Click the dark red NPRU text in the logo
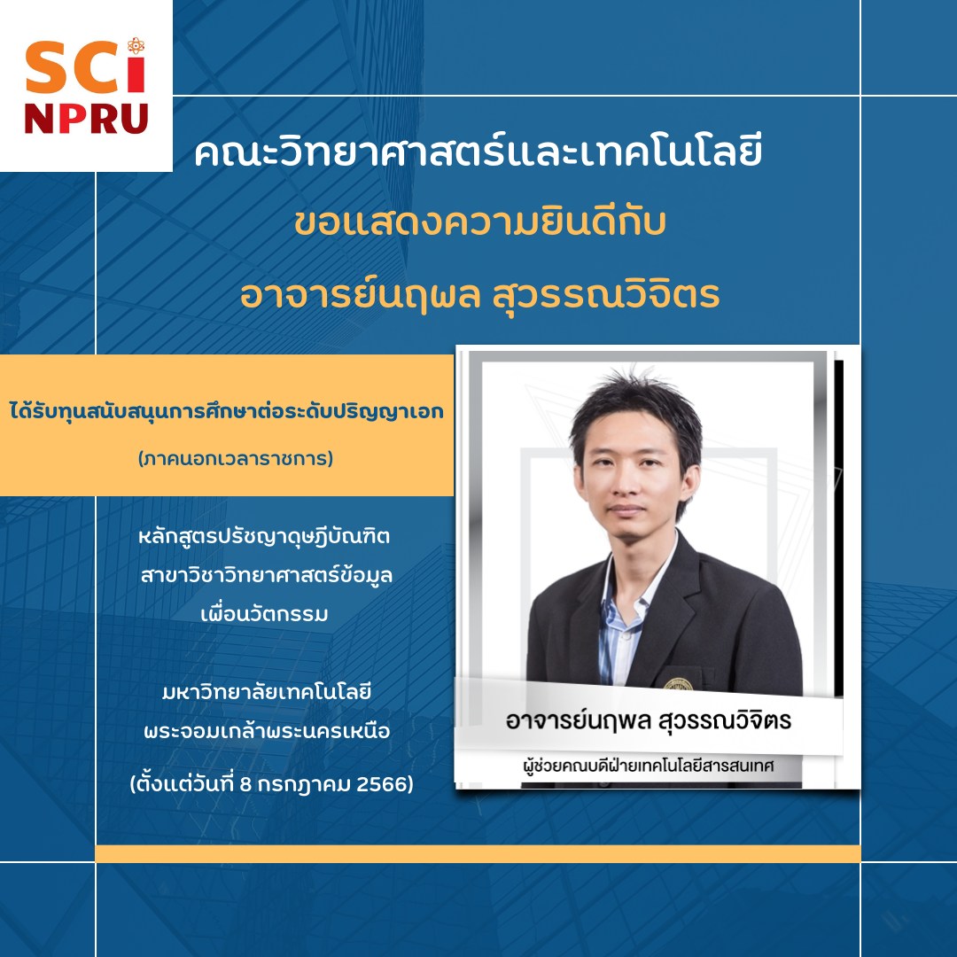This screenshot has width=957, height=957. (86, 119)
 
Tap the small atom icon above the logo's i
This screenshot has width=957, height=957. (136, 45)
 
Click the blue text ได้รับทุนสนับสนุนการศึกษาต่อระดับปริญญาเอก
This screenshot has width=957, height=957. (227, 411)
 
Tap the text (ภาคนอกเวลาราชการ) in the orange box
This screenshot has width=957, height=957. (236, 458)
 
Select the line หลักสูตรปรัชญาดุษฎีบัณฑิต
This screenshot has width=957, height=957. (264, 536)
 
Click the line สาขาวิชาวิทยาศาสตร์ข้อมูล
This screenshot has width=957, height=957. (266, 575)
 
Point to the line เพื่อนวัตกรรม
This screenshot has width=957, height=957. (264, 613)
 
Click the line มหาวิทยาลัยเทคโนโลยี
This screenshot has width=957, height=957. (267, 692)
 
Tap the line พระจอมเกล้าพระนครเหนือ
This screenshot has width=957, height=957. (267, 730)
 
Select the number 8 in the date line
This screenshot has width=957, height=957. (245, 783)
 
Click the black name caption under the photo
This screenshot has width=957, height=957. (648, 720)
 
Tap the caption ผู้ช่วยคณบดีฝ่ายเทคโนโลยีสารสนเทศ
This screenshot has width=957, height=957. (648, 765)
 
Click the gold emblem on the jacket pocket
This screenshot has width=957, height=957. (678, 684)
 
